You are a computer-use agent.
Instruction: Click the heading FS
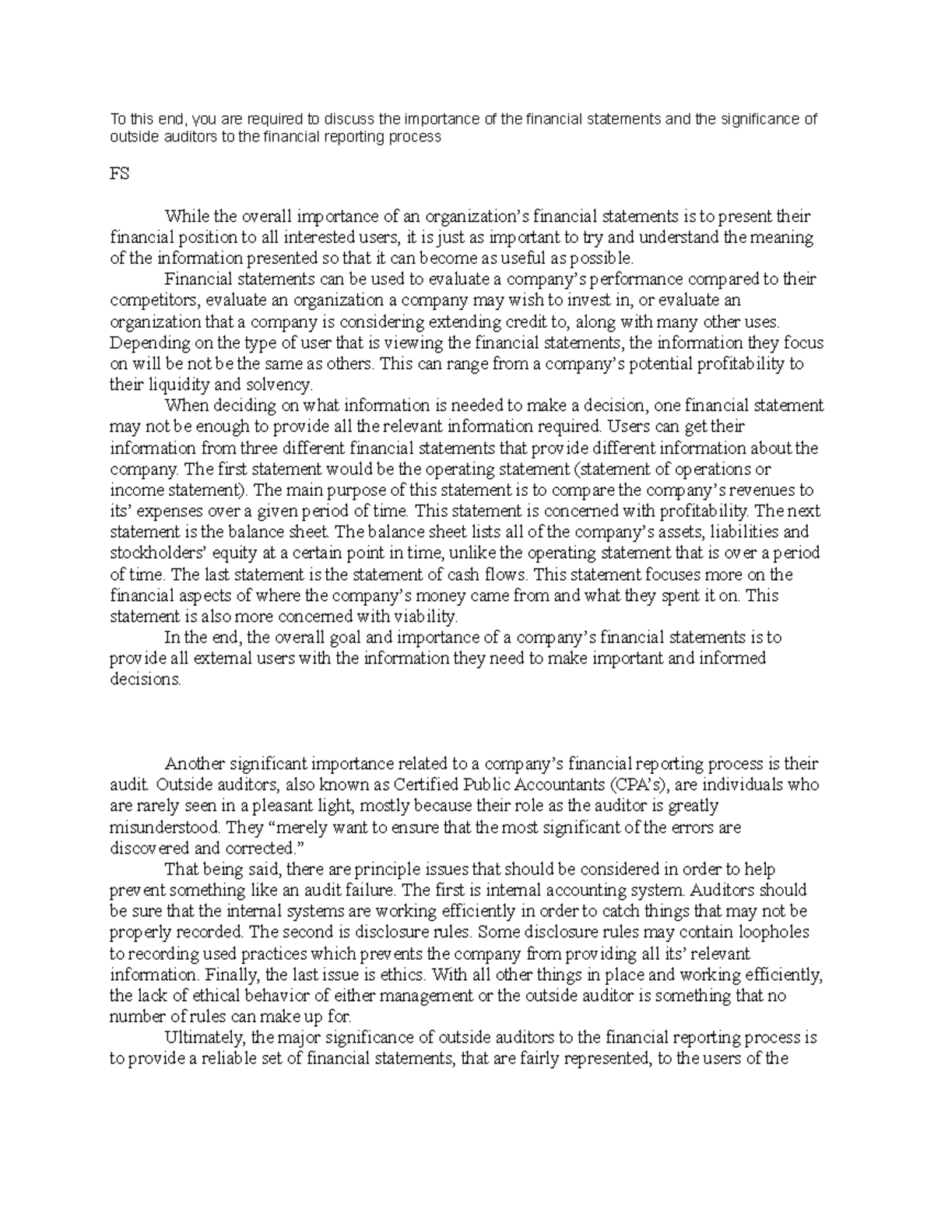pyautogui.click(x=119, y=174)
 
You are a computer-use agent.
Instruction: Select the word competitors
pyautogui.click(x=149, y=300)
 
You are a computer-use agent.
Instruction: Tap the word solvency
pyautogui.click(x=279, y=385)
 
